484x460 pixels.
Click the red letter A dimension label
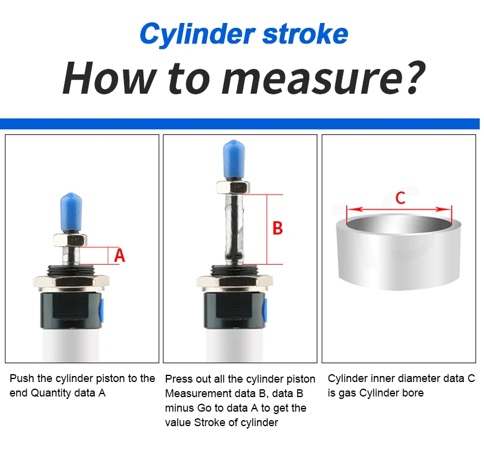coord(119,256)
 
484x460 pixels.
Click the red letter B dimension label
coord(278,228)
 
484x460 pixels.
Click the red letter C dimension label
coord(401,198)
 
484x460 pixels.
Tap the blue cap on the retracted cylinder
coord(71,212)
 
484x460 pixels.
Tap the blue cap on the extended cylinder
coord(234,159)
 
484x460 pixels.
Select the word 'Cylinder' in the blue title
coord(198,34)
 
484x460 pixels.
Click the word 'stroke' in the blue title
coord(305,33)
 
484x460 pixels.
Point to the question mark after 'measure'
coord(414,77)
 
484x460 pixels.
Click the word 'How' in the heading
coord(108,78)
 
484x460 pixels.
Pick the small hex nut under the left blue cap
coord(70,239)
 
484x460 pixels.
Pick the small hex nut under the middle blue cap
coord(233,187)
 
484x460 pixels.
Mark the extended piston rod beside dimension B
coord(234,228)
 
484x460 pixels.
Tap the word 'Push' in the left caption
coord(22,378)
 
